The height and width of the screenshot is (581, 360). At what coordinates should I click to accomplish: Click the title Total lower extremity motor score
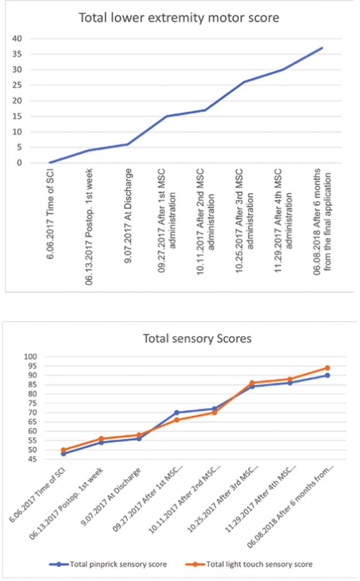pyautogui.click(x=179, y=18)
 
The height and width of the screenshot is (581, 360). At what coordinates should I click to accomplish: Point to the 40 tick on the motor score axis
pyautogui.click(x=17, y=38)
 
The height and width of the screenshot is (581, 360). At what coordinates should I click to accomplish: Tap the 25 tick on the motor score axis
pyautogui.click(x=17, y=85)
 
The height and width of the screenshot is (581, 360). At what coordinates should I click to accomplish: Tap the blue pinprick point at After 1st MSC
pyautogui.click(x=177, y=412)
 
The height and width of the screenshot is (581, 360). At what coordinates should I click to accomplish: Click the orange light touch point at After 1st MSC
pyautogui.click(x=177, y=420)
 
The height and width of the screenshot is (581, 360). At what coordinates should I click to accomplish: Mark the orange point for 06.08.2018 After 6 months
pyautogui.click(x=327, y=368)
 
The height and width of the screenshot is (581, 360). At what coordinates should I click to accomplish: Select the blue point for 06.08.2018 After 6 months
pyautogui.click(x=327, y=375)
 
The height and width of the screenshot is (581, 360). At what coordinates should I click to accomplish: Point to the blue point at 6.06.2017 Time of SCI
pyautogui.click(x=64, y=453)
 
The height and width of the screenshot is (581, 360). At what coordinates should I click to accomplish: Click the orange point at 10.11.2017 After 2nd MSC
pyautogui.click(x=214, y=412)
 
